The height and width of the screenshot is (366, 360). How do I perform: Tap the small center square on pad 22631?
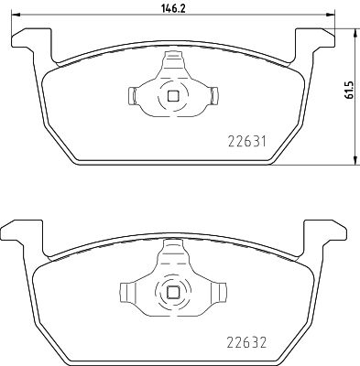click(x=172, y=94)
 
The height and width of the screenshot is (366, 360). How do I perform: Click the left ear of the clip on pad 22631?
click(x=131, y=94)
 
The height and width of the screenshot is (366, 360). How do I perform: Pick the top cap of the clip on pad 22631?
click(x=172, y=59)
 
